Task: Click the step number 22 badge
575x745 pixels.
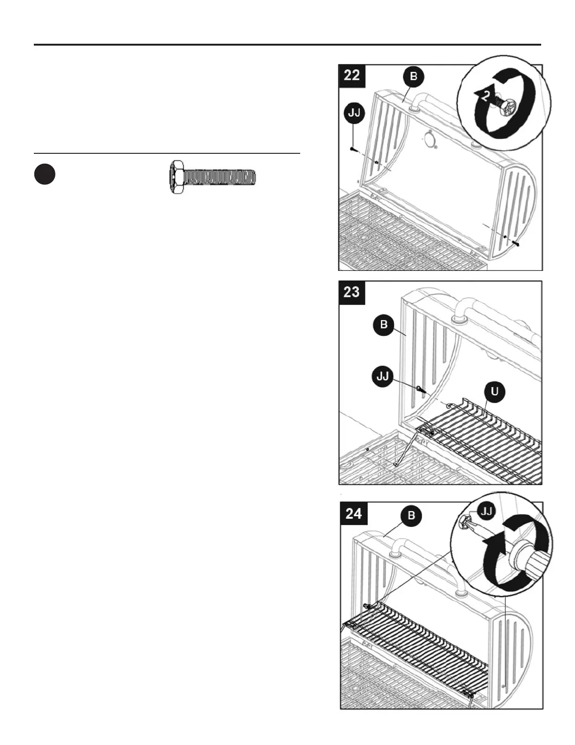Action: (352, 75)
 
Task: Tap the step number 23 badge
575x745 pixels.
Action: (352, 292)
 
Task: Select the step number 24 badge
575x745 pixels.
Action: (354, 513)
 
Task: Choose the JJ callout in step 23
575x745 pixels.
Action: (383, 377)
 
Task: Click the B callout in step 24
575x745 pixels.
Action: (411, 515)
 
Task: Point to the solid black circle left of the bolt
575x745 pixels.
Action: (45, 174)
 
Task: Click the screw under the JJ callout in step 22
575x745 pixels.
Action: (353, 149)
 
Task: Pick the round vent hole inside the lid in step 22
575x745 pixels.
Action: (429, 140)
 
